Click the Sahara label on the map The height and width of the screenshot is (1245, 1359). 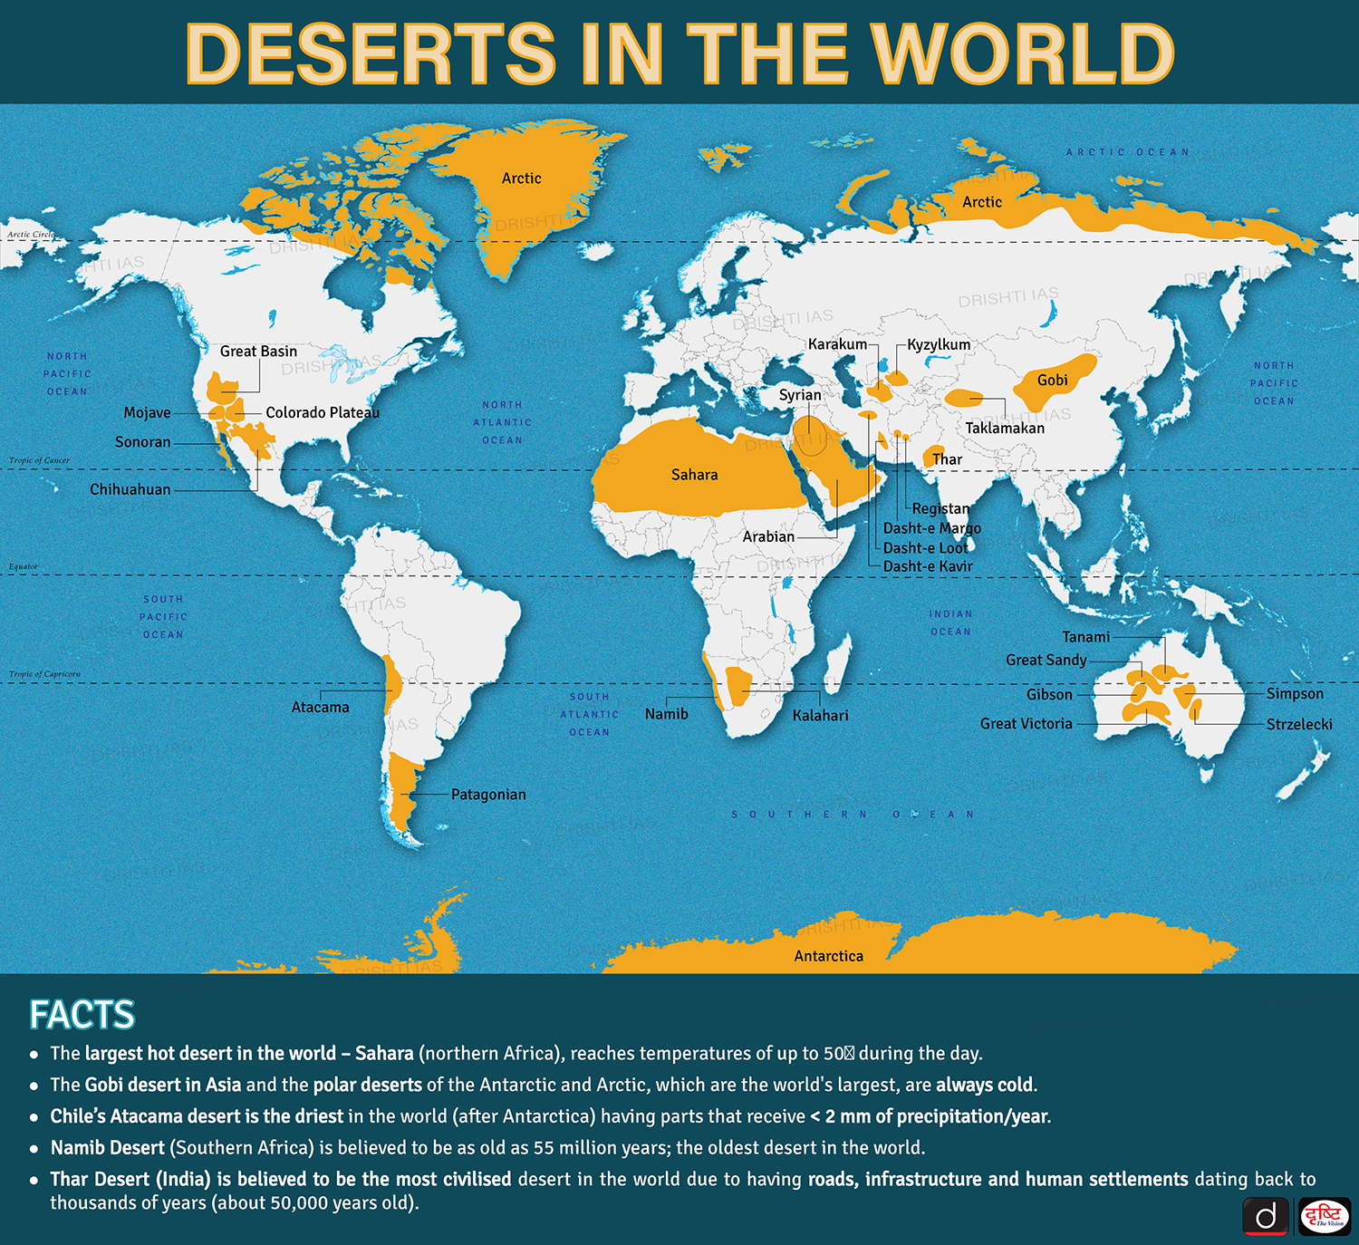click(694, 475)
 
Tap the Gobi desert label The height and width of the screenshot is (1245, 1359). click(1052, 381)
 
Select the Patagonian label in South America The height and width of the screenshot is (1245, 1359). click(488, 795)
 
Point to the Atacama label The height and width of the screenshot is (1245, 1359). click(320, 707)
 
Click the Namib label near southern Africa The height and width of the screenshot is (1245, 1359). click(666, 714)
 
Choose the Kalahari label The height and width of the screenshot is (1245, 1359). click(820, 716)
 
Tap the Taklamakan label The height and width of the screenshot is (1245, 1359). click(1005, 428)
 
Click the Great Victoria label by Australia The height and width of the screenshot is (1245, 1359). click(1026, 723)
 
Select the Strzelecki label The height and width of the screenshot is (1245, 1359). click(1299, 724)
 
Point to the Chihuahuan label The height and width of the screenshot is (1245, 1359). click(130, 489)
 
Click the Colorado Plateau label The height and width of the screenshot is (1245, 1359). click(323, 412)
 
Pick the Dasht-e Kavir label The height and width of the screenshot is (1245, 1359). click(928, 566)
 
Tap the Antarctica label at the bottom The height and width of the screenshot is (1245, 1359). click(828, 956)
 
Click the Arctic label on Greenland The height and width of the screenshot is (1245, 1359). click(521, 179)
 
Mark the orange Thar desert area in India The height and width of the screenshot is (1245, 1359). click(932, 456)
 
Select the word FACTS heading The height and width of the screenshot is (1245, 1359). click(82, 1015)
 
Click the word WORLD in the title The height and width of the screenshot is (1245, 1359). click(1022, 54)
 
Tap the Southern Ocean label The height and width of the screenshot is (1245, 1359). click(852, 815)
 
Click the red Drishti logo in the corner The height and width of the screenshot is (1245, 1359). click(1325, 1216)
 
